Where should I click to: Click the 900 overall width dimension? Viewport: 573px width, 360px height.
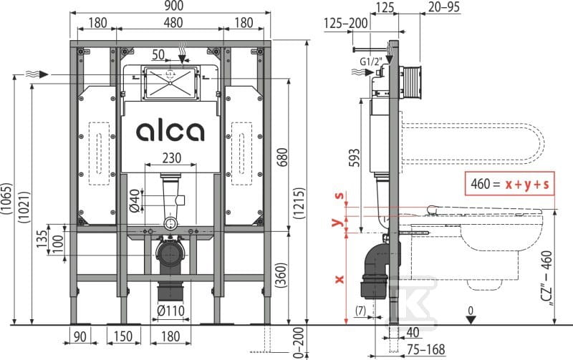(173, 6)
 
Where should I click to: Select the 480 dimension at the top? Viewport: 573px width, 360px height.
(173, 23)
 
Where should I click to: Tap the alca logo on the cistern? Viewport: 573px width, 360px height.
(170, 132)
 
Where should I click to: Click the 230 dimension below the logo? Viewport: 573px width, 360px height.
(171, 157)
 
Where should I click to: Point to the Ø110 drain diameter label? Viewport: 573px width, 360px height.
(170, 311)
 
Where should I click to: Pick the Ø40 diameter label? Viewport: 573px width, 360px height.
(135, 200)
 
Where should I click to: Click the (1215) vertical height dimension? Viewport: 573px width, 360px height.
(299, 203)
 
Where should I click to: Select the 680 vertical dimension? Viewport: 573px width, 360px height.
(282, 157)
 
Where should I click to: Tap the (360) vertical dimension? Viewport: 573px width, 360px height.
(281, 275)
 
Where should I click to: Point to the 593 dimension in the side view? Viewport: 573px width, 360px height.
(354, 157)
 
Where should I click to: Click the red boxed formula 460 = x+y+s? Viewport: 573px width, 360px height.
(510, 184)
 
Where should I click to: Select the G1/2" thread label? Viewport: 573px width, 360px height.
(370, 62)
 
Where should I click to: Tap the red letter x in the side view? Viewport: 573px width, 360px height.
(340, 279)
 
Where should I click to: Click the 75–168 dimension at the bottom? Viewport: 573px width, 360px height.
(425, 350)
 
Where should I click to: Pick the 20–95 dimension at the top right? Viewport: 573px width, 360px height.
(444, 6)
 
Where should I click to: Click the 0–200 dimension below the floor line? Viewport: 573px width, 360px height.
(299, 343)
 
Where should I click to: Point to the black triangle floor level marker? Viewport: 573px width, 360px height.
(471, 319)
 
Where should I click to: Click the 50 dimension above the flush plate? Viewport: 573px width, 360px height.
(158, 54)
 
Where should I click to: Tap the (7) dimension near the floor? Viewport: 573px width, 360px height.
(361, 311)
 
